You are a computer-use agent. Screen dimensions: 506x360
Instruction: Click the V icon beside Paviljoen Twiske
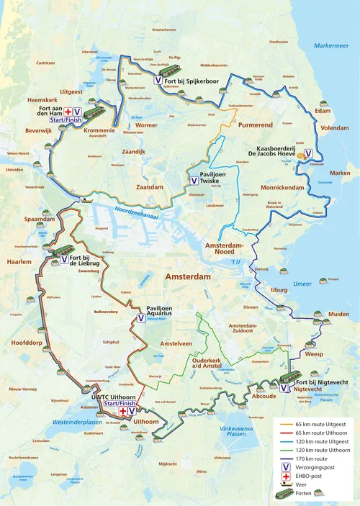(x=193, y=181)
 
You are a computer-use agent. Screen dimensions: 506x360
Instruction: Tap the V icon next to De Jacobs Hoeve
(x=309, y=153)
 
